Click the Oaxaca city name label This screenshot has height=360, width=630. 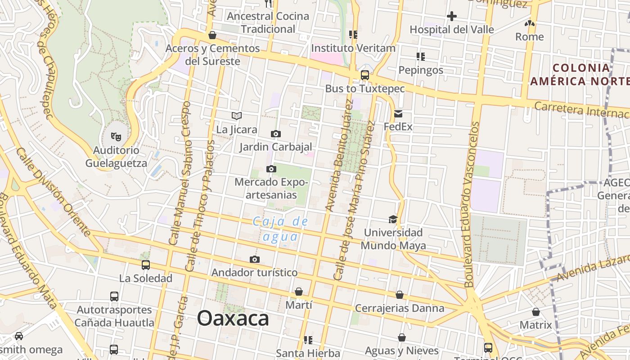(x=233, y=319)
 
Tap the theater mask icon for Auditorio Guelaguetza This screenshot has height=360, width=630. (x=116, y=135)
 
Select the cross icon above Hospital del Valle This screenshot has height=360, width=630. (x=452, y=17)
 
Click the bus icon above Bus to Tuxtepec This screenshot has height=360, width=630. (x=365, y=75)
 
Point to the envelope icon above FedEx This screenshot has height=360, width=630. (x=398, y=113)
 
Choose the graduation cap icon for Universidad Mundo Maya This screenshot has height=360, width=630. (x=393, y=219)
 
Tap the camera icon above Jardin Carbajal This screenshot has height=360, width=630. (x=276, y=134)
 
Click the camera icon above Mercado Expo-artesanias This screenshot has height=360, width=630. (x=271, y=169)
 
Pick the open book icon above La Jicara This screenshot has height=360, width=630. (x=237, y=116)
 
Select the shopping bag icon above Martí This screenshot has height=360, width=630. (x=299, y=292)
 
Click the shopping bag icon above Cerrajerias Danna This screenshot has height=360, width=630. (x=400, y=295)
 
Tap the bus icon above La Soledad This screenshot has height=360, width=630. (x=146, y=265)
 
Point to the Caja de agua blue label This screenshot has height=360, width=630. (x=280, y=229)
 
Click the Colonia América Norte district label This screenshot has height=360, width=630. (x=580, y=75)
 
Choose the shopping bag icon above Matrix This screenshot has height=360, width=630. (x=536, y=311)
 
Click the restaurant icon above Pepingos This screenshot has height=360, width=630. (x=421, y=57)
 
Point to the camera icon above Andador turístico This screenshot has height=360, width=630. (x=255, y=259)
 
